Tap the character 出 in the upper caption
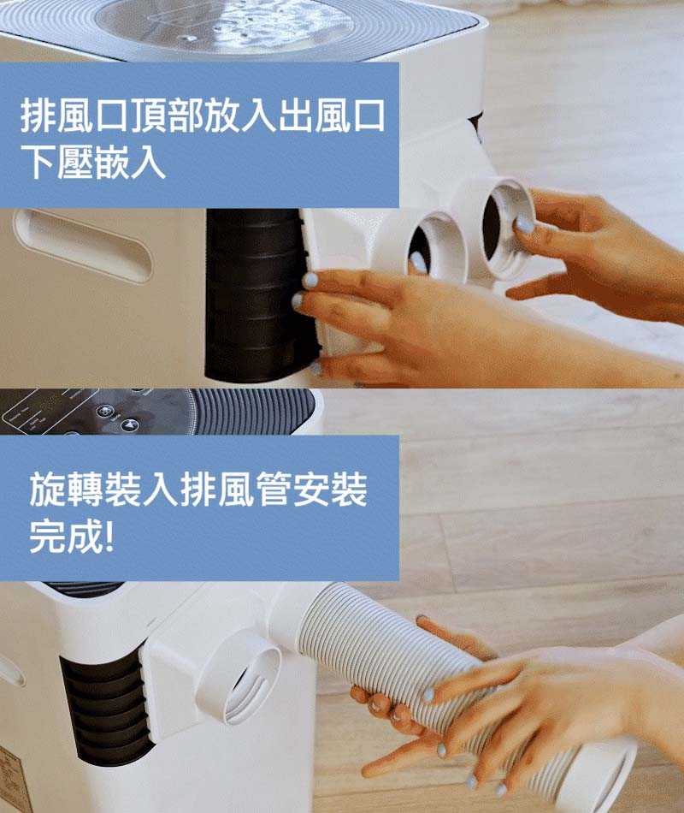295,116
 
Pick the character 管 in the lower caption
272,489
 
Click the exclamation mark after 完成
109,535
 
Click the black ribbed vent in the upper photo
259,294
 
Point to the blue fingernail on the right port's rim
524,225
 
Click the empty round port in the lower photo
244,675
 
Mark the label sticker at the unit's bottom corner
15,779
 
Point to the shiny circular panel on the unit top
224,23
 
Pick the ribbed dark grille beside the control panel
254,411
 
